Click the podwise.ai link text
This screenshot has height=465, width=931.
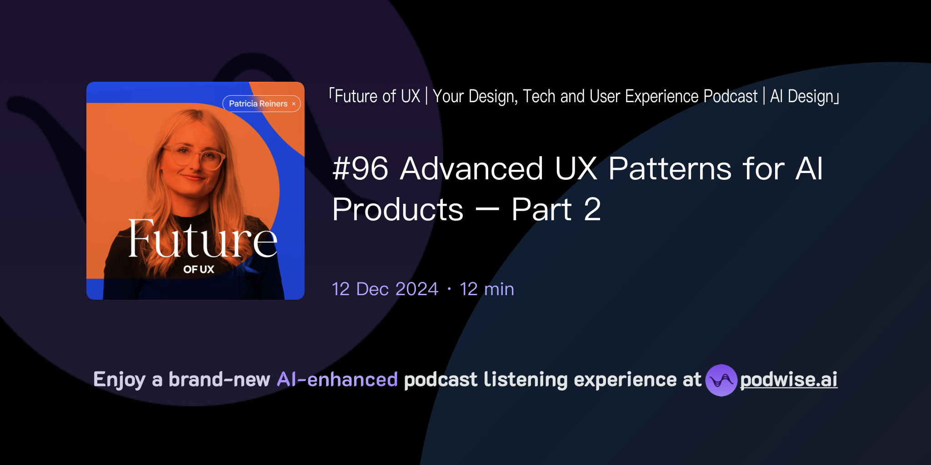tap(788, 380)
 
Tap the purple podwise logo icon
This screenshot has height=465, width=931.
tap(721, 380)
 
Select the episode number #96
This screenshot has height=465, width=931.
tap(360, 169)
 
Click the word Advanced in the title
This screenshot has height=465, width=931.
tap(471, 169)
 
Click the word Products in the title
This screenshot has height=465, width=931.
tap(398, 210)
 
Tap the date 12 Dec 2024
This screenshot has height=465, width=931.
tap(385, 289)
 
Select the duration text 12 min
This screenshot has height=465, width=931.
tap(487, 289)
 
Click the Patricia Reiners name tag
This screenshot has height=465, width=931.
tap(258, 104)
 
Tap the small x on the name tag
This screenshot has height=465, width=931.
tap(294, 104)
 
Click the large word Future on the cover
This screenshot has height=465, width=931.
tap(202, 239)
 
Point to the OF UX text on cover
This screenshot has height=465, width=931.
tap(199, 269)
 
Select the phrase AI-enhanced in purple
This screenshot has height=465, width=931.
tap(337, 380)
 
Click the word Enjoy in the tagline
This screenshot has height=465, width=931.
tap(119, 380)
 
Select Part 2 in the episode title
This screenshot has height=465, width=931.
tap(556, 210)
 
